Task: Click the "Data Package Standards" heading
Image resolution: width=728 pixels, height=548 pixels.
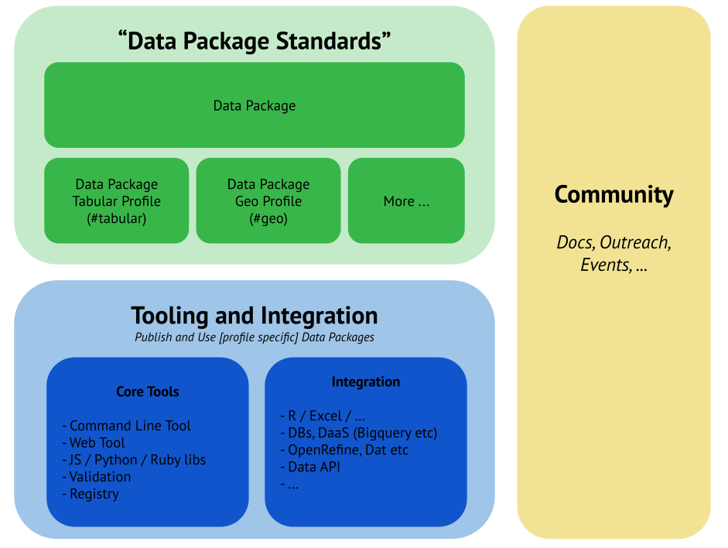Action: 255,41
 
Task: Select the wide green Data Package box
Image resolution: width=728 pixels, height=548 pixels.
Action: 255,105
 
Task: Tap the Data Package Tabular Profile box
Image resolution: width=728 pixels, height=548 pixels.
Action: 116,200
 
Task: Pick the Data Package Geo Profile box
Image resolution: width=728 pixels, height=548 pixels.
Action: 268,200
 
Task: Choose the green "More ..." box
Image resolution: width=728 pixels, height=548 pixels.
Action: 406,201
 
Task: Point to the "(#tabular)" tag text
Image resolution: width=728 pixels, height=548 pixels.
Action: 116,218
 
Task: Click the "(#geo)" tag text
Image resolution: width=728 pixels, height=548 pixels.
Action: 268,218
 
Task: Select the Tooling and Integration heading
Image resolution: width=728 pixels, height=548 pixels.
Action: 255,316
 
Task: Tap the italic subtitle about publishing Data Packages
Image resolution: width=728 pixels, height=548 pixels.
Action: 255,337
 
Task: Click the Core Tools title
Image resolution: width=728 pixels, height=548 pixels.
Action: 147,392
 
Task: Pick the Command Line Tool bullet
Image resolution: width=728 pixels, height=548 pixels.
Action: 126,426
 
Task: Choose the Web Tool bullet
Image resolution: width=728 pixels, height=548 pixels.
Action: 93,443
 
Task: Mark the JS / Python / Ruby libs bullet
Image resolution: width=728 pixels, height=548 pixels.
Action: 133,460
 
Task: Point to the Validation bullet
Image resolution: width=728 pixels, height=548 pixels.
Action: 96,477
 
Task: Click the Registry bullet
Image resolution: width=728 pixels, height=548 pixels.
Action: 91,494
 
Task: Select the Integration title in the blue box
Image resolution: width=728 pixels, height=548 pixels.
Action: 366,382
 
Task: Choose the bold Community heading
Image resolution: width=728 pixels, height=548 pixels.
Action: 614,194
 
